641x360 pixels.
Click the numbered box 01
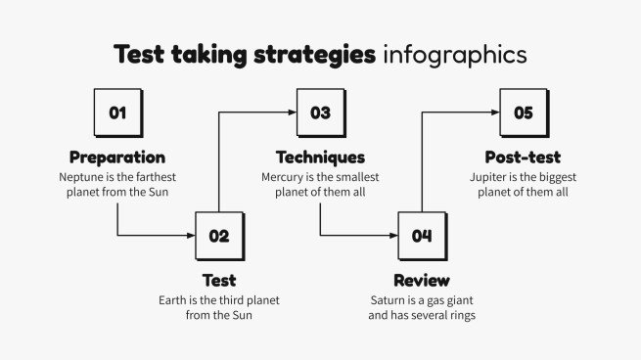pos(117,112)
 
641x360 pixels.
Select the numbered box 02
pos(218,235)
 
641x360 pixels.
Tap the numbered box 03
pos(320,112)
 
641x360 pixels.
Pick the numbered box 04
pos(422,235)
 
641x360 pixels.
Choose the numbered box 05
pos(523,112)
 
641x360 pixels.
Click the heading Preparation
pos(117,157)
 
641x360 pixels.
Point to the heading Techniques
pos(320,157)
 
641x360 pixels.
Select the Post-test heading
pos(523,157)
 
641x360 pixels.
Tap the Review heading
pos(422,281)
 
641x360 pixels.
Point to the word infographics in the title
pos(454,55)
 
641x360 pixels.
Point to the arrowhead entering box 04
pos(393,235)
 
